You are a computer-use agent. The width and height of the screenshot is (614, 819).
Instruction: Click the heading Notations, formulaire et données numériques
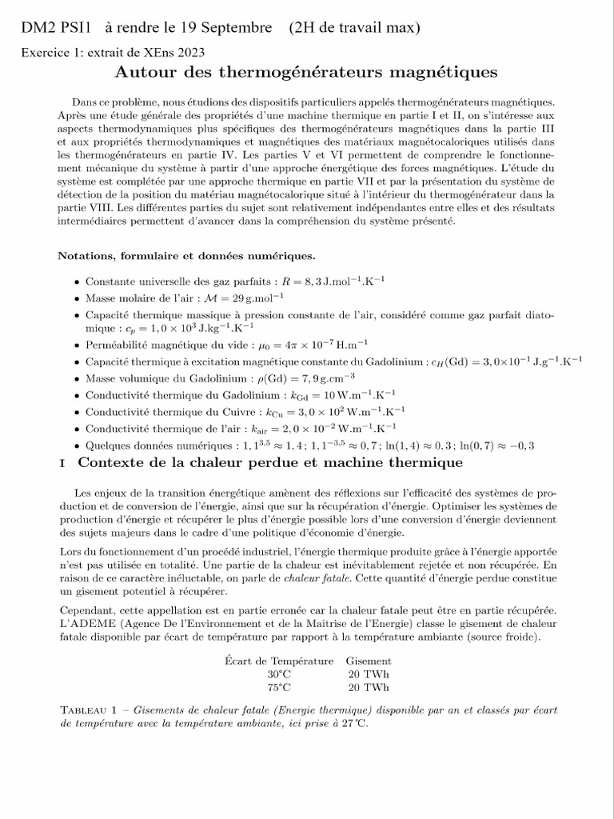click(187, 256)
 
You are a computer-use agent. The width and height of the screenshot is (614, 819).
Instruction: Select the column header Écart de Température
click(279, 661)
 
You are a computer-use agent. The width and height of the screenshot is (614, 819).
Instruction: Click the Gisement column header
click(368, 661)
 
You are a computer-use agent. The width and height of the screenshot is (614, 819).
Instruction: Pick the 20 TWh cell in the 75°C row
click(368, 686)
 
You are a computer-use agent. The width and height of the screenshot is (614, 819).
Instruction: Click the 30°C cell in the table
click(279, 673)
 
